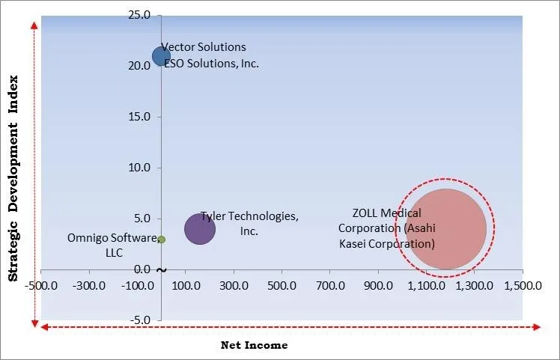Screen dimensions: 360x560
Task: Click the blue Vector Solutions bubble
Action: (x=161, y=56)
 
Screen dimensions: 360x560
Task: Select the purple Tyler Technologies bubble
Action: (x=199, y=228)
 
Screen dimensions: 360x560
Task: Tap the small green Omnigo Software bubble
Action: (x=161, y=240)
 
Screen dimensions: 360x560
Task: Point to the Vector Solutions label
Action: (x=204, y=48)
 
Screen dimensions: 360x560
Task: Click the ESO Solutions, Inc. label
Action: (x=212, y=64)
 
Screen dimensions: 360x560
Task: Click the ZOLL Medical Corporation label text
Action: (x=386, y=228)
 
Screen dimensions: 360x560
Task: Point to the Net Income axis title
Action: (x=254, y=345)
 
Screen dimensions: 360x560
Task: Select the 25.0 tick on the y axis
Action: (x=140, y=16)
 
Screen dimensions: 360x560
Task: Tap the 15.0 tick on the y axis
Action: (x=140, y=117)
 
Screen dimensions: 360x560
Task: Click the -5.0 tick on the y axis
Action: (x=140, y=320)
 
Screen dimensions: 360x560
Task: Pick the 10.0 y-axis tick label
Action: (x=140, y=168)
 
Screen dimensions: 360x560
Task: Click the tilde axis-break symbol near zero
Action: (x=162, y=269)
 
